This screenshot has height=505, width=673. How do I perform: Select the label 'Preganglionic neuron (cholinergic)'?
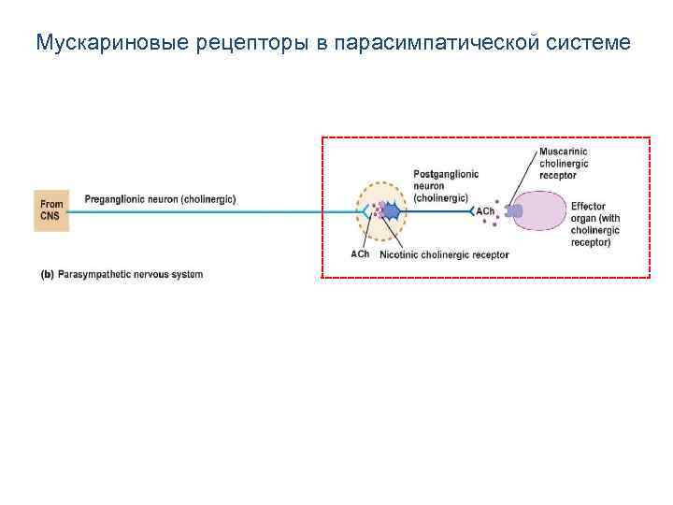(160, 198)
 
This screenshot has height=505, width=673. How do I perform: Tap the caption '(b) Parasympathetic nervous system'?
(122, 274)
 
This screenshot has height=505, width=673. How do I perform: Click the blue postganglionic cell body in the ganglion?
(391, 212)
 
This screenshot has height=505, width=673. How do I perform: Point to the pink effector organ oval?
(540, 212)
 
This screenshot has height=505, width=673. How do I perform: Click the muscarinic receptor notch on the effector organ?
(512, 212)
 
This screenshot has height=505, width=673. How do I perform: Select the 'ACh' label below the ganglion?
(360, 254)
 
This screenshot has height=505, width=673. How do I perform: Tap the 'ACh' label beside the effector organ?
(485, 212)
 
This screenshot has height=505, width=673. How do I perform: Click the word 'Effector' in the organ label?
(588, 207)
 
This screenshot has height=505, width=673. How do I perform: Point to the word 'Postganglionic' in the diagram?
(445, 174)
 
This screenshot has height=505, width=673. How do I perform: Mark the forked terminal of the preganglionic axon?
(365, 212)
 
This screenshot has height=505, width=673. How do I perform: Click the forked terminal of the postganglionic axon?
(473, 212)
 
